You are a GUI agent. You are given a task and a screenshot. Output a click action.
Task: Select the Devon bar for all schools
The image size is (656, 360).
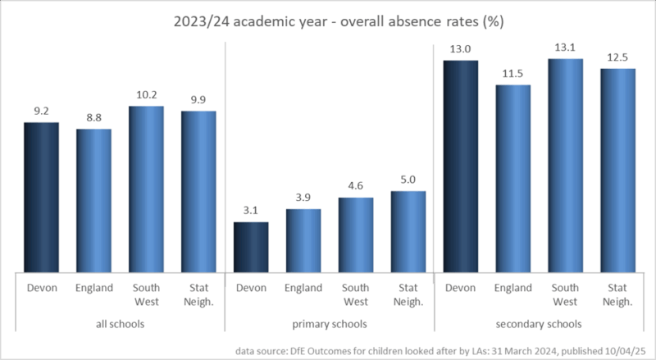[41, 198]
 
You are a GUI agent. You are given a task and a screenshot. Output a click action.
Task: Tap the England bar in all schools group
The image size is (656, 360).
[93, 201]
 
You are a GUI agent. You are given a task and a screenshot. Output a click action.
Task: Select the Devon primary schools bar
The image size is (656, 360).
[251, 247]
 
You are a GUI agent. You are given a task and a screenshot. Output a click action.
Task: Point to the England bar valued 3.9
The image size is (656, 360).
[303, 240]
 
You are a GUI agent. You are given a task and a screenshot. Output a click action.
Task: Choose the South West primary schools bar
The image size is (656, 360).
[356, 235]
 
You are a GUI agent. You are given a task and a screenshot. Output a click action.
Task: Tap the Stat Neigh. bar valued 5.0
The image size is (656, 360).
[408, 231]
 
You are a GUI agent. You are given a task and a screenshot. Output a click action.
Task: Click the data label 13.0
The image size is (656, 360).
[461, 49]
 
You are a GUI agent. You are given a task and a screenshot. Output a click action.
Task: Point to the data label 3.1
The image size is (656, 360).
[251, 211]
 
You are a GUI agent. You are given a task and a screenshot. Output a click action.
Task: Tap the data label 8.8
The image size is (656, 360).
[93, 117]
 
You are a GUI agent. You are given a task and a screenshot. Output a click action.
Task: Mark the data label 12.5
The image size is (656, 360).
[618, 57]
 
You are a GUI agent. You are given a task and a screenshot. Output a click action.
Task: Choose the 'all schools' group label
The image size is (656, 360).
[120, 324]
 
